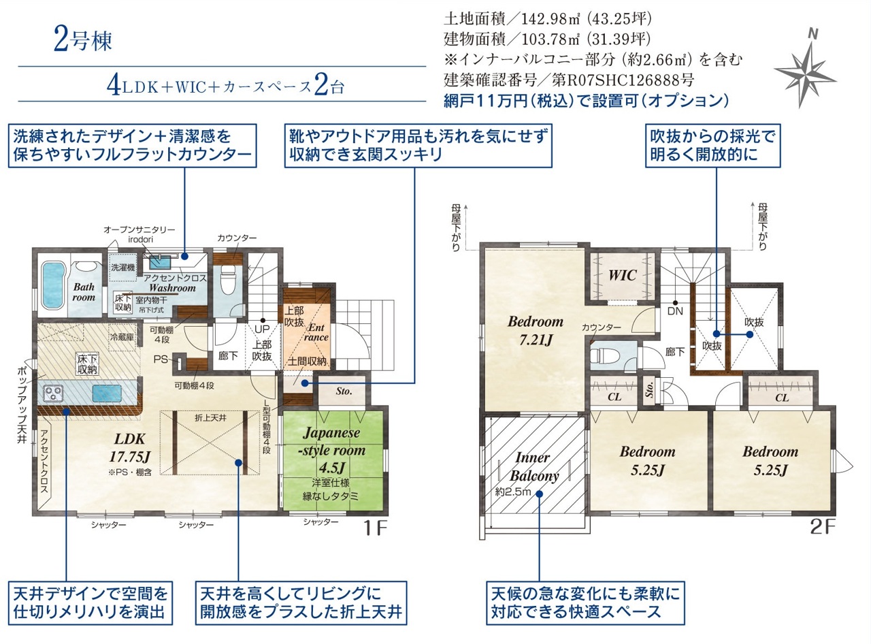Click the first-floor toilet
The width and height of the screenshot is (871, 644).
tap(228, 279)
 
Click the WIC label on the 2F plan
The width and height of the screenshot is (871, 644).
tap(623, 275)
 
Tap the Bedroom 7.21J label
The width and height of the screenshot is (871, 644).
tap(536, 330)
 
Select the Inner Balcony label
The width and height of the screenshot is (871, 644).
tap(533, 467)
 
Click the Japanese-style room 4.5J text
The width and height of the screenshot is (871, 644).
tap(332, 450)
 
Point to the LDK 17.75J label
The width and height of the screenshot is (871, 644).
tap(129, 447)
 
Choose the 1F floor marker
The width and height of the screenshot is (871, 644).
tap(376, 528)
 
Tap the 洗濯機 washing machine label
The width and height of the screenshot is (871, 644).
tap(122, 268)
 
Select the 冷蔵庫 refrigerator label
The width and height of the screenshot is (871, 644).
tap(122, 337)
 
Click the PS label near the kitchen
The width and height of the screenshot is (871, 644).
tap(160, 359)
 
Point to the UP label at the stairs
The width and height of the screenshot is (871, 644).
tap(263, 329)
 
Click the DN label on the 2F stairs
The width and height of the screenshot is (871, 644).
tap(675, 311)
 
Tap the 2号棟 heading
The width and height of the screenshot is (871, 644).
tap(83, 40)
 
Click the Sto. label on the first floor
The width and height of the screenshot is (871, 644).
tap(344, 391)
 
